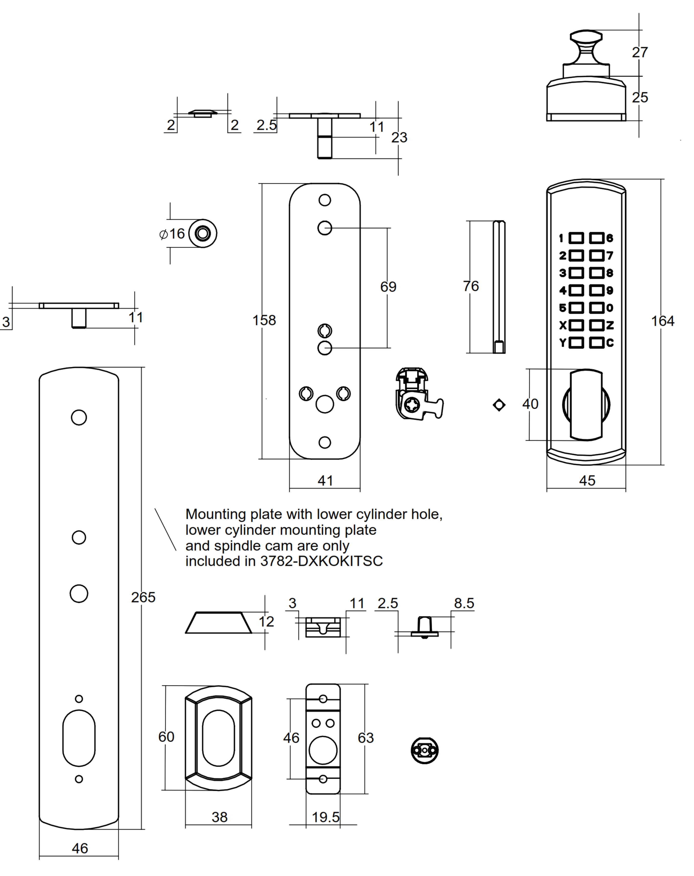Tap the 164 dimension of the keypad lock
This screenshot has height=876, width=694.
[662, 321]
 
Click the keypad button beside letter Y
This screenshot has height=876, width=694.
[576, 343]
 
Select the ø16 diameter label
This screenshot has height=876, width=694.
[172, 234]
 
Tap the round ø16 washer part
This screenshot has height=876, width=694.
[203, 234]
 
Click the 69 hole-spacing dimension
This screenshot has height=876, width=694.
[388, 287]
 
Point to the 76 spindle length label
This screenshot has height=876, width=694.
[471, 286]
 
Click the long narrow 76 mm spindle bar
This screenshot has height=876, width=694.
[499, 287]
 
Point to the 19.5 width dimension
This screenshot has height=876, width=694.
[325, 817]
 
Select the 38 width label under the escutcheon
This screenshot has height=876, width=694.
[219, 817]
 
